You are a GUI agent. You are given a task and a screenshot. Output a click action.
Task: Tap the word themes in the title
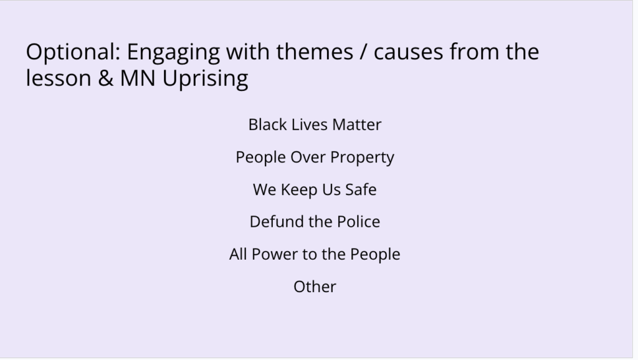[315, 52]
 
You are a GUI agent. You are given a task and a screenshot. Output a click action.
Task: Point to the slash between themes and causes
[363, 52]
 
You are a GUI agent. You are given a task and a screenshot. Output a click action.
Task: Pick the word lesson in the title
[59, 78]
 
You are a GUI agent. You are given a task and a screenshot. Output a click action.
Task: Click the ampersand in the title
[106, 78]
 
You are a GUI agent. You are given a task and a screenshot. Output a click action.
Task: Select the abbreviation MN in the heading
[138, 78]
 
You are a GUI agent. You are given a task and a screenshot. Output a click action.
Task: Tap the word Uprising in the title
[206, 79]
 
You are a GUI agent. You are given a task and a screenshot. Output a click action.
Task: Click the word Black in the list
[267, 125]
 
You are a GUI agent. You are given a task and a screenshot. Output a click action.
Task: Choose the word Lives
[310, 125]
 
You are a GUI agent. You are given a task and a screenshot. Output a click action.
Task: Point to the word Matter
[357, 125]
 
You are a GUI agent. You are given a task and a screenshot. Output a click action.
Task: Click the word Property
[362, 158]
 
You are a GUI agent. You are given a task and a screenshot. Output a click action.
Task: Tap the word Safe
[361, 189]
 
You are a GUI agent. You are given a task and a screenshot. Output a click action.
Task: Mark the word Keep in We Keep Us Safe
[299, 191]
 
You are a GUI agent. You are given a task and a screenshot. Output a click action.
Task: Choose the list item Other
[315, 287]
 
